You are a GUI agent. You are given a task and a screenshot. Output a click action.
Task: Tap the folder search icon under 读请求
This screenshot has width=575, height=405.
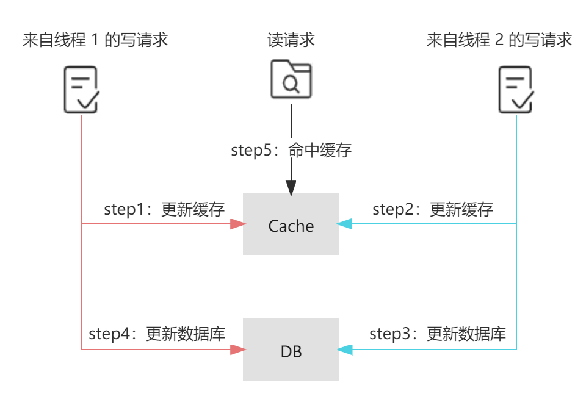[291, 79]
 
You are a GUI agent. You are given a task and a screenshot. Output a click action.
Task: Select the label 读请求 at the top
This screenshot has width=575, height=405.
[291, 41]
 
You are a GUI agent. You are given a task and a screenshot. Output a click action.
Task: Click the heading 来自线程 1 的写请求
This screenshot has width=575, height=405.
[95, 41]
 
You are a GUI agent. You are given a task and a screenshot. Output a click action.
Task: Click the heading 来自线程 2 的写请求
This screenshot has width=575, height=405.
[499, 41]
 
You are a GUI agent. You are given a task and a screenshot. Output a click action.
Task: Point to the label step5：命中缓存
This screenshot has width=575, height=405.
[291, 150]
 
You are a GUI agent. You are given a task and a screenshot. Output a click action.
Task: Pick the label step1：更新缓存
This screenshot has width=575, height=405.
[164, 209]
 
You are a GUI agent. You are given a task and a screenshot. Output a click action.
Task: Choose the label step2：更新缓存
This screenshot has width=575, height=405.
[432, 209]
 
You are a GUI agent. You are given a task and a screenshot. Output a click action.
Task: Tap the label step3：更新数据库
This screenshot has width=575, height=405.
[437, 334]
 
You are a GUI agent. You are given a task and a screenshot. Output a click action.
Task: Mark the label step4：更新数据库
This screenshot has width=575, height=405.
[157, 334]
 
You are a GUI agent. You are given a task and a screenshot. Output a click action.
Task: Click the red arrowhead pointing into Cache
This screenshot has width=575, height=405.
[237, 224]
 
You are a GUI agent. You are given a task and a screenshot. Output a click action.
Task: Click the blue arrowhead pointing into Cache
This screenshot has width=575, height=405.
[345, 224]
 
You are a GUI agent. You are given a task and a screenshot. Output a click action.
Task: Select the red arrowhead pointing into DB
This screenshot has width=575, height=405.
[237, 349]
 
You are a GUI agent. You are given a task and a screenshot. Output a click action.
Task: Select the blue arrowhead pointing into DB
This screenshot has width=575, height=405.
[345, 349]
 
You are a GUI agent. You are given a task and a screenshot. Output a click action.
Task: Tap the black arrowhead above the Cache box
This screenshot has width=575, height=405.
[291, 188]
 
